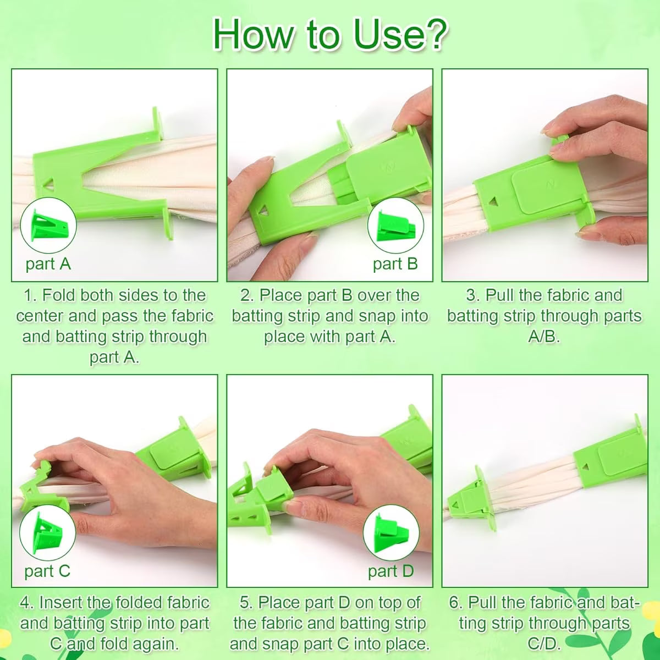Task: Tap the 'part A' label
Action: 48,264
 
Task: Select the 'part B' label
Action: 395,264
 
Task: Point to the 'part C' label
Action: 47,571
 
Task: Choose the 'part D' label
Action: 391,571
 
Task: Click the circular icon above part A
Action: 48,226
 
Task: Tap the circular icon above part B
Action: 395,226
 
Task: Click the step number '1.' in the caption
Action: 30,295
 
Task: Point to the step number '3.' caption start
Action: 472,295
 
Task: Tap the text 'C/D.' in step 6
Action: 544,643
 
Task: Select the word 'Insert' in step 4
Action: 61,602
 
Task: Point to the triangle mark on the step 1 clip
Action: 48,184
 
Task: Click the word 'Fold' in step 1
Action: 58,295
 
